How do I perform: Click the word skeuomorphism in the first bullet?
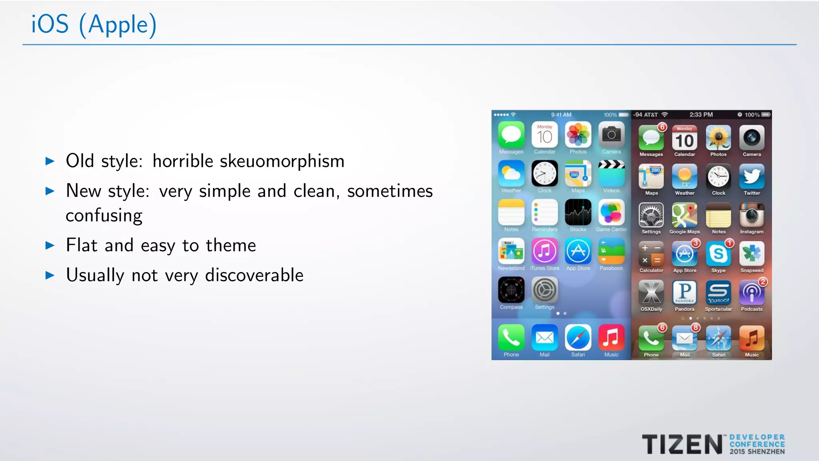(x=282, y=161)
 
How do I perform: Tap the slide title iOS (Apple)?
(x=94, y=25)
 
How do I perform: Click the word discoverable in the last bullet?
(x=254, y=275)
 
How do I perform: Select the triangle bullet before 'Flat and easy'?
(x=50, y=245)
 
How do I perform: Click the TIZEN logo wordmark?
(x=682, y=445)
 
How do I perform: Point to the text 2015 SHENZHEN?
(x=757, y=452)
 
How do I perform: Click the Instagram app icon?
(x=752, y=215)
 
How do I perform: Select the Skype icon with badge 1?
(x=718, y=254)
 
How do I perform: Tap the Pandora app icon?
(x=685, y=293)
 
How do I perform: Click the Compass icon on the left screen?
(x=511, y=290)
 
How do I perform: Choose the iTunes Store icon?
(x=544, y=251)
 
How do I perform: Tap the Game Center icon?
(x=611, y=212)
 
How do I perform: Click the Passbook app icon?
(x=611, y=251)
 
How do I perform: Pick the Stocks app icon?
(x=578, y=212)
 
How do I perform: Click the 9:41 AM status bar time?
(x=561, y=115)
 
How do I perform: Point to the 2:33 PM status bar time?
(x=701, y=115)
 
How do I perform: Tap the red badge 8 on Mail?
(x=696, y=327)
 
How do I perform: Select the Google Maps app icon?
(x=685, y=215)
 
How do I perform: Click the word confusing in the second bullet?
(x=104, y=216)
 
